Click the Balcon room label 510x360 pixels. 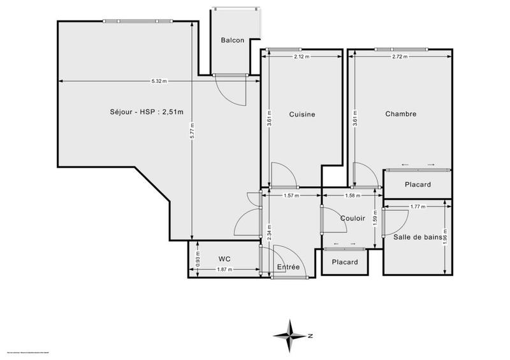233,40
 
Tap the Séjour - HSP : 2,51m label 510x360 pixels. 146,113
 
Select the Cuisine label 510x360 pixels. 302,114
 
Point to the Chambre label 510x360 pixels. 401,114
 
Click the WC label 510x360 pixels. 224,259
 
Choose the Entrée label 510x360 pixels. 288,267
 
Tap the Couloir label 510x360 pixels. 353,218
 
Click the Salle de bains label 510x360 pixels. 418,237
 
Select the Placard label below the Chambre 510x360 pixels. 418,185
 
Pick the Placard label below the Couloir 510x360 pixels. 345,262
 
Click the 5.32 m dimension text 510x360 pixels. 159,81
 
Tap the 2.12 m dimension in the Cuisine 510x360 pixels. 302,57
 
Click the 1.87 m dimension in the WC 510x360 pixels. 225,270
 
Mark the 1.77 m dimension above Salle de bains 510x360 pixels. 418,206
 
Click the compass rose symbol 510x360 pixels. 290,335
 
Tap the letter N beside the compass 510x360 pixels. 309,335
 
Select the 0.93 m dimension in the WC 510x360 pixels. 198,259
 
